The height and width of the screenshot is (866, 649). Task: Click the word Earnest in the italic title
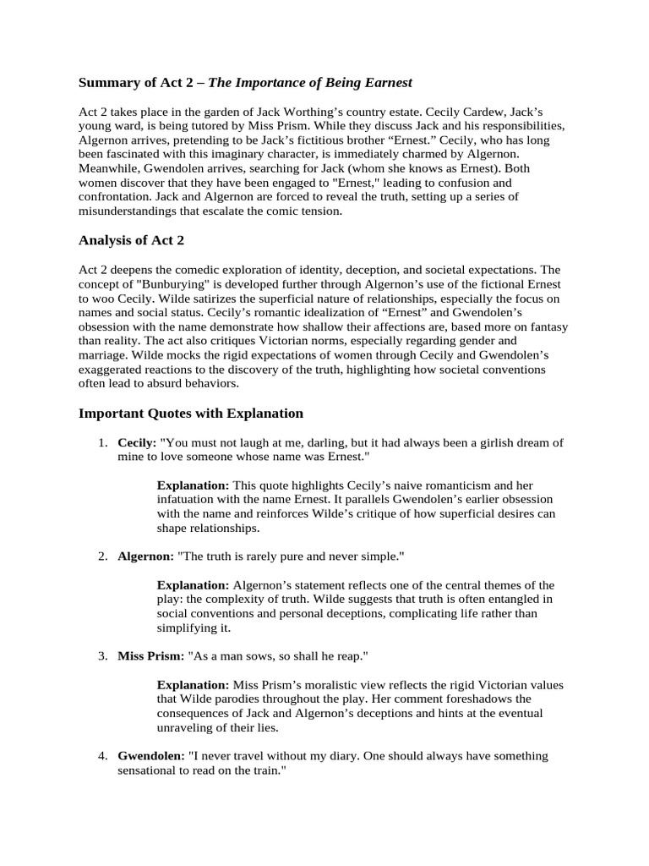pos(386,82)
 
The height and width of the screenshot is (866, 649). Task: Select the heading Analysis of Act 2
pos(131,240)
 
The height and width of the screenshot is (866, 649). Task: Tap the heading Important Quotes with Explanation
pos(190,414)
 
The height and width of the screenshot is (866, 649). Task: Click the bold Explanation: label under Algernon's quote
pos(193,585)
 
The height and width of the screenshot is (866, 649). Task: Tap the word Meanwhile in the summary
pos(109,168)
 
